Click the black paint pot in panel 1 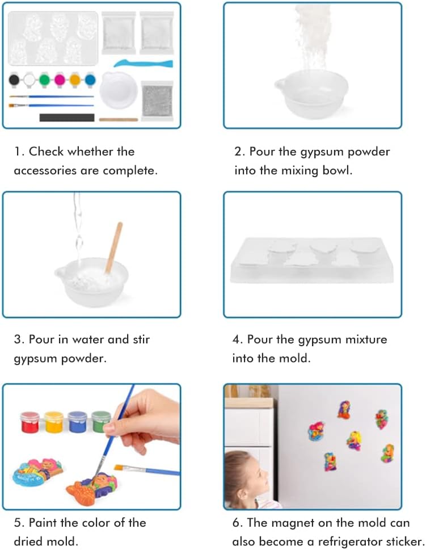coord(14,79)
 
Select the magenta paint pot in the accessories coord(60,79)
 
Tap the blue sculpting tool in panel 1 coord(144,64)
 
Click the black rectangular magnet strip coord(67,117)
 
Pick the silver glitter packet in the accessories coord(157,100)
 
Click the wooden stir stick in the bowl coord(114,247)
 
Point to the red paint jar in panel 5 coord(30,422)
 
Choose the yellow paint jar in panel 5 coord(54,422)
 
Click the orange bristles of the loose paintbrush coord(119,467)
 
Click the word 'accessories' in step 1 coord(45,170)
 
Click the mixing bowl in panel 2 coord(311,93)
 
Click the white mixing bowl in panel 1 coord(119,90)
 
